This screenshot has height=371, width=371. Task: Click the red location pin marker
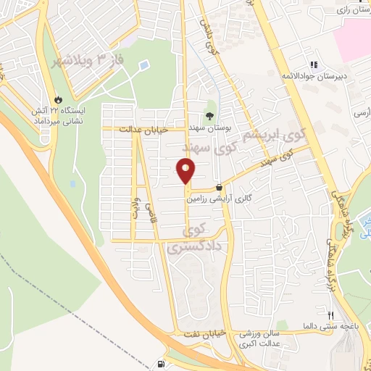[186, 171]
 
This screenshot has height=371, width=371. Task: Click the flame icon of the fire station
[59, 99]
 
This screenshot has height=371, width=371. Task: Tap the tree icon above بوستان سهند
[210, 114]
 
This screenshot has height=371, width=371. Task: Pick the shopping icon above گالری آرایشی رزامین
[219, 186]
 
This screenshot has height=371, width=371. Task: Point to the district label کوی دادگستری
[188, 240]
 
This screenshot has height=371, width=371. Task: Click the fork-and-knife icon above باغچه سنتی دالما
[330, 315]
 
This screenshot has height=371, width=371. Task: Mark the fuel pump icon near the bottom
[161, 362]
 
